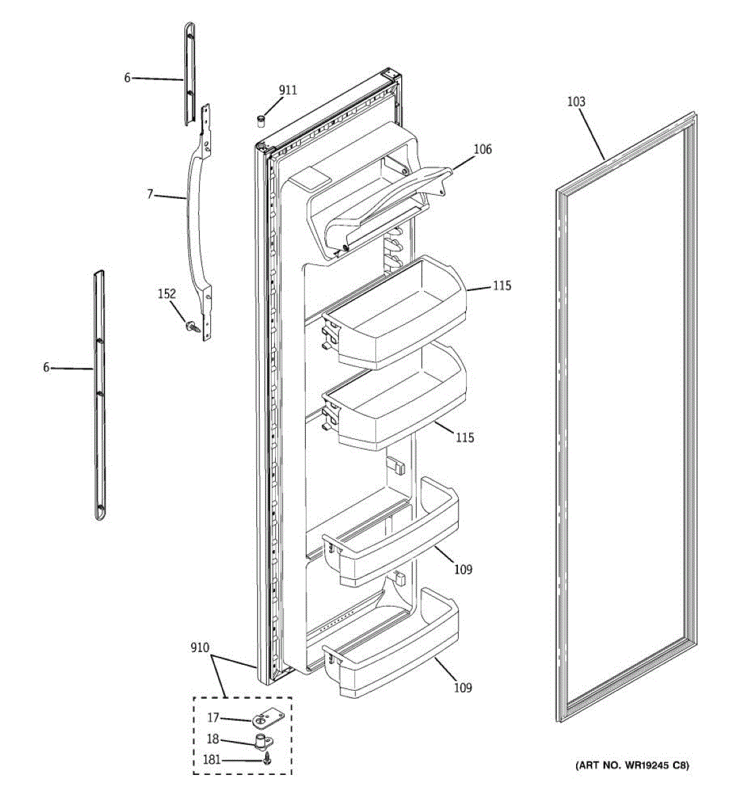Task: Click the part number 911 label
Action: click(x=288, y=90)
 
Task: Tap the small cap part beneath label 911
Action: click(x=261, y=119)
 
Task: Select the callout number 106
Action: click(x=482, y=150)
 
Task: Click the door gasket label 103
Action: click(x=575, y=101)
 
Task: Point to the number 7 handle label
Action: click(x=150, y=194)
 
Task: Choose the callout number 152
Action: click(x=166, y=294)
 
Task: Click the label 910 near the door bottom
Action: click(x=199, y=647)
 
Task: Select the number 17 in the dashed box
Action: click(x=212, y=718)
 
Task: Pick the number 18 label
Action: click(x=212, y=739)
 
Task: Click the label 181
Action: click(x=212, y=760)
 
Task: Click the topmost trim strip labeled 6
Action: click(x=189, y=73)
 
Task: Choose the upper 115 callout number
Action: click(x=502, y=286)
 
